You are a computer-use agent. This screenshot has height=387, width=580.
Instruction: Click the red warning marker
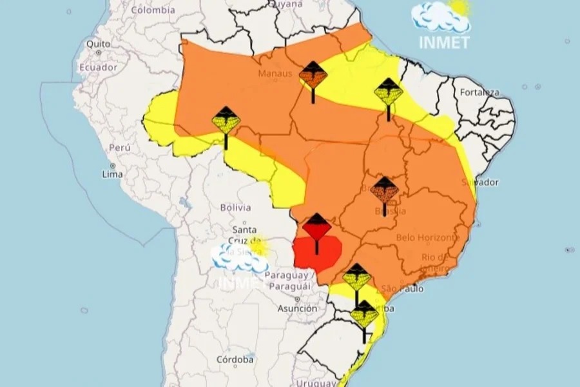(316, 228)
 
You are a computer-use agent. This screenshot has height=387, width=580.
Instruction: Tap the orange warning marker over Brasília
(384, 190)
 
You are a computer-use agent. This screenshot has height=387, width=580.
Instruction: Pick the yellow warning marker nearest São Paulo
(356, 278)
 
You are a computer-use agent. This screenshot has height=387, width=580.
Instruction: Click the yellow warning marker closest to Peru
(226, 121)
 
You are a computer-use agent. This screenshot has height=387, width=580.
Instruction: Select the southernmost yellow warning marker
(364, 315)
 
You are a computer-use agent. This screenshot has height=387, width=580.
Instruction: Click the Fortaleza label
(479, 92)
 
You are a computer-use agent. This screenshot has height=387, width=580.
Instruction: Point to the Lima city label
(112, 175)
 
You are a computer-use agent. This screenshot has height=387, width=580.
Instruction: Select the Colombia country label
(153, 10)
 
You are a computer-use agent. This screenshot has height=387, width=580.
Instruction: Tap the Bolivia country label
(235, 207)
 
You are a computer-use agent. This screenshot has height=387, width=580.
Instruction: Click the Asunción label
(297, 308)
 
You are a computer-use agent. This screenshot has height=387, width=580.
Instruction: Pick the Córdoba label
(235, 359)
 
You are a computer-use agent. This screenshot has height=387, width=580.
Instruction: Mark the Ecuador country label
(99, 67)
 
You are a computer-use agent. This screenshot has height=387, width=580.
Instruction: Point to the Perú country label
(120, 148)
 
